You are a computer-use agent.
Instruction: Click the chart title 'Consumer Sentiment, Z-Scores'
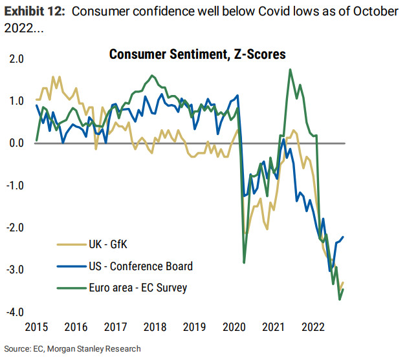(197, 54)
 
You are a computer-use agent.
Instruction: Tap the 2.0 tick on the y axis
(16, 59)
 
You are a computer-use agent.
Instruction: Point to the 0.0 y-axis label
(16, 143)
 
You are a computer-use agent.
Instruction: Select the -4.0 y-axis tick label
(15, 312)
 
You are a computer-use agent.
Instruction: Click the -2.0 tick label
(15, 228)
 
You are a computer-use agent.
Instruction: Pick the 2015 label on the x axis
(36, 326)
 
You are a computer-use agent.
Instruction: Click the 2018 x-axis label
(155, 326)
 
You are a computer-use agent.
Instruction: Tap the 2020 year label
(235, 326)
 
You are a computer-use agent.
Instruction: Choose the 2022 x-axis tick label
(314, 326)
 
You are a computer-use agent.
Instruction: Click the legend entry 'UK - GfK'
(109, 245)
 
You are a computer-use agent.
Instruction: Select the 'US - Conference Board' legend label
(140, 266)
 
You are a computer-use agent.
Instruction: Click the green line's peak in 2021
(289, 70)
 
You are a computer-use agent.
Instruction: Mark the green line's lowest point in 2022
(340, 299)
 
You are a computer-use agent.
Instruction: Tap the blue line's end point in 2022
(344, 237)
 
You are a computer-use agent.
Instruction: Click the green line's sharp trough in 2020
(244, 262)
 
